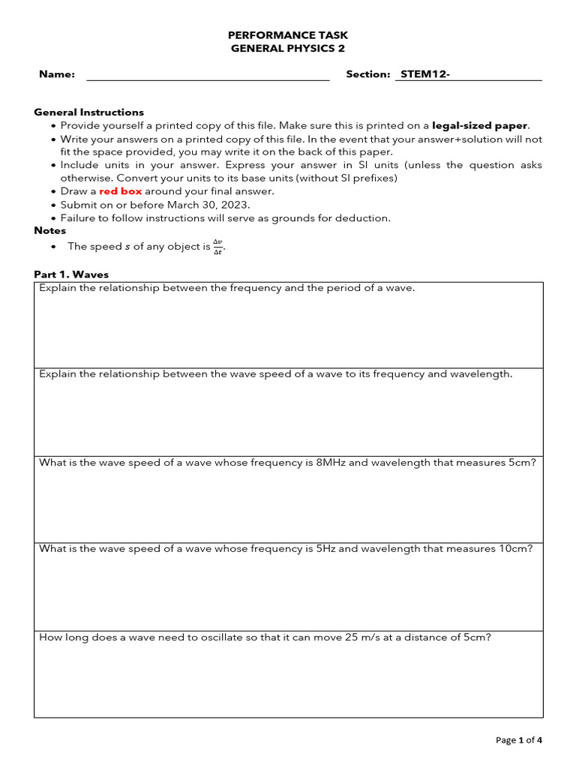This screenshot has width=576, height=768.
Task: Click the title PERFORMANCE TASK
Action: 288,35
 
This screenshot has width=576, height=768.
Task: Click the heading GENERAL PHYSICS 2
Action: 288,49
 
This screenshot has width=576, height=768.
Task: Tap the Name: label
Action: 57,74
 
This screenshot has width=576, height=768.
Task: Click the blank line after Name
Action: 208,76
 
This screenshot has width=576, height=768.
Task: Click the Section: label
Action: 368,74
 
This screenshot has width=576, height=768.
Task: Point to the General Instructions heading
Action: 89,112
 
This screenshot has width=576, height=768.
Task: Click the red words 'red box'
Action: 121,191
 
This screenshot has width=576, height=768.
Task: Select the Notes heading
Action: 50,231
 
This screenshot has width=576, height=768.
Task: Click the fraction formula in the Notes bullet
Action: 217,246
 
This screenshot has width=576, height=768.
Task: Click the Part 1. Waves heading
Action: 71,274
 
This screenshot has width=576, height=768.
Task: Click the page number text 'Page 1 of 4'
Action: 519,740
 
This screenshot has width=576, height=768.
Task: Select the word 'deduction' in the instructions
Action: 365,218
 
